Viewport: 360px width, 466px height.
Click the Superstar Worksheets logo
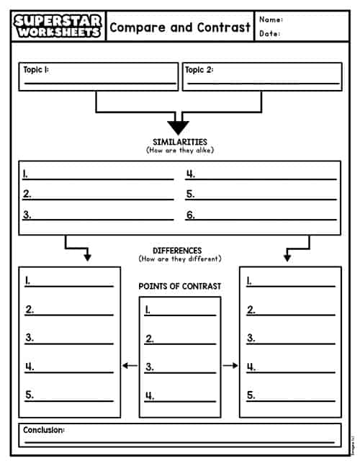[x=58, y=26]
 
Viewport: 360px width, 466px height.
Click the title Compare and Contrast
[x=180, y=27]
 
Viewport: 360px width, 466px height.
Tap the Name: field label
[x=271, y=19]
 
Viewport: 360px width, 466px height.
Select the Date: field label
[x=270, y=33]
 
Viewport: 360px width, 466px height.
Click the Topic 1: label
[x=36, y=70]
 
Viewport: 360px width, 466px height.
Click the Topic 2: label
[x=199, y=70]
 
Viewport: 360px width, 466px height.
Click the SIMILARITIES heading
[x=180, y=142]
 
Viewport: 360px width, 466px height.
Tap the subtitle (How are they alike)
[x=180, y=150]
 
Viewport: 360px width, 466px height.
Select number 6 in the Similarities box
[x=191, y=215]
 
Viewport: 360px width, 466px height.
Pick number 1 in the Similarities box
[x=26, y=174]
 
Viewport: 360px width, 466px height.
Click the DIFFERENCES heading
[x=177, y=251]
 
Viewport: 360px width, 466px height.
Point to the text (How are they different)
[x=180, y=259]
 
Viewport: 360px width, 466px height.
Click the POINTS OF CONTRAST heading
[x=180, y=286]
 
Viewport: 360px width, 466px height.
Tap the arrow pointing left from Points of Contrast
[x=130, y=366]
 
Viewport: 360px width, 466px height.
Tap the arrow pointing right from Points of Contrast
[x=230, y=366]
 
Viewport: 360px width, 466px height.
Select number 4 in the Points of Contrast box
[x=149, y=395]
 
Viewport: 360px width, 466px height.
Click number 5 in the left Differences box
[x=30, y=395]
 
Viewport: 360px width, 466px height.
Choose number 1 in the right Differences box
[x=250, y=281]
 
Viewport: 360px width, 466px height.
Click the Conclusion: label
[x=43, y=430]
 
